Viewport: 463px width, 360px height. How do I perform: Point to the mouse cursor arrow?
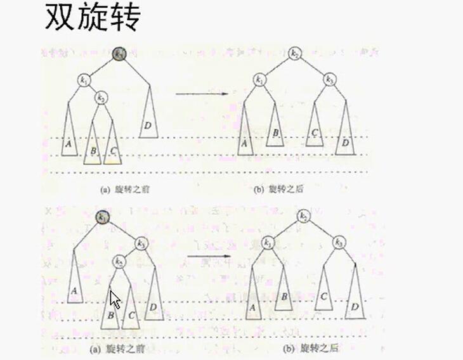pyautogui.click(x=114, y=299)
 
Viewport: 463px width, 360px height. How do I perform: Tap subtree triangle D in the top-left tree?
pyautogui.click(x=148, y=120)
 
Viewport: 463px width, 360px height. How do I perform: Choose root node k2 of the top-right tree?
pyautogui.click(x=295, y=55)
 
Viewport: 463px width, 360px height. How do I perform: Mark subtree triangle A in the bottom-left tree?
pyautogui.click(x=74, y=285)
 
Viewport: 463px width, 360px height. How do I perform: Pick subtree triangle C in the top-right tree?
pyautogui.click(x=315, y=130)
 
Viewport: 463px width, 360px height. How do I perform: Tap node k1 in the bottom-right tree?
pyautogui.click(x=268, y=242)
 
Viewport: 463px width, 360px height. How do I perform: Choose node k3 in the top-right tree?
pyautogui.click(x=329, y=79)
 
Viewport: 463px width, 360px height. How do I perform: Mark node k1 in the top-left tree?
pyautogui.click(x=84, y=79)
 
